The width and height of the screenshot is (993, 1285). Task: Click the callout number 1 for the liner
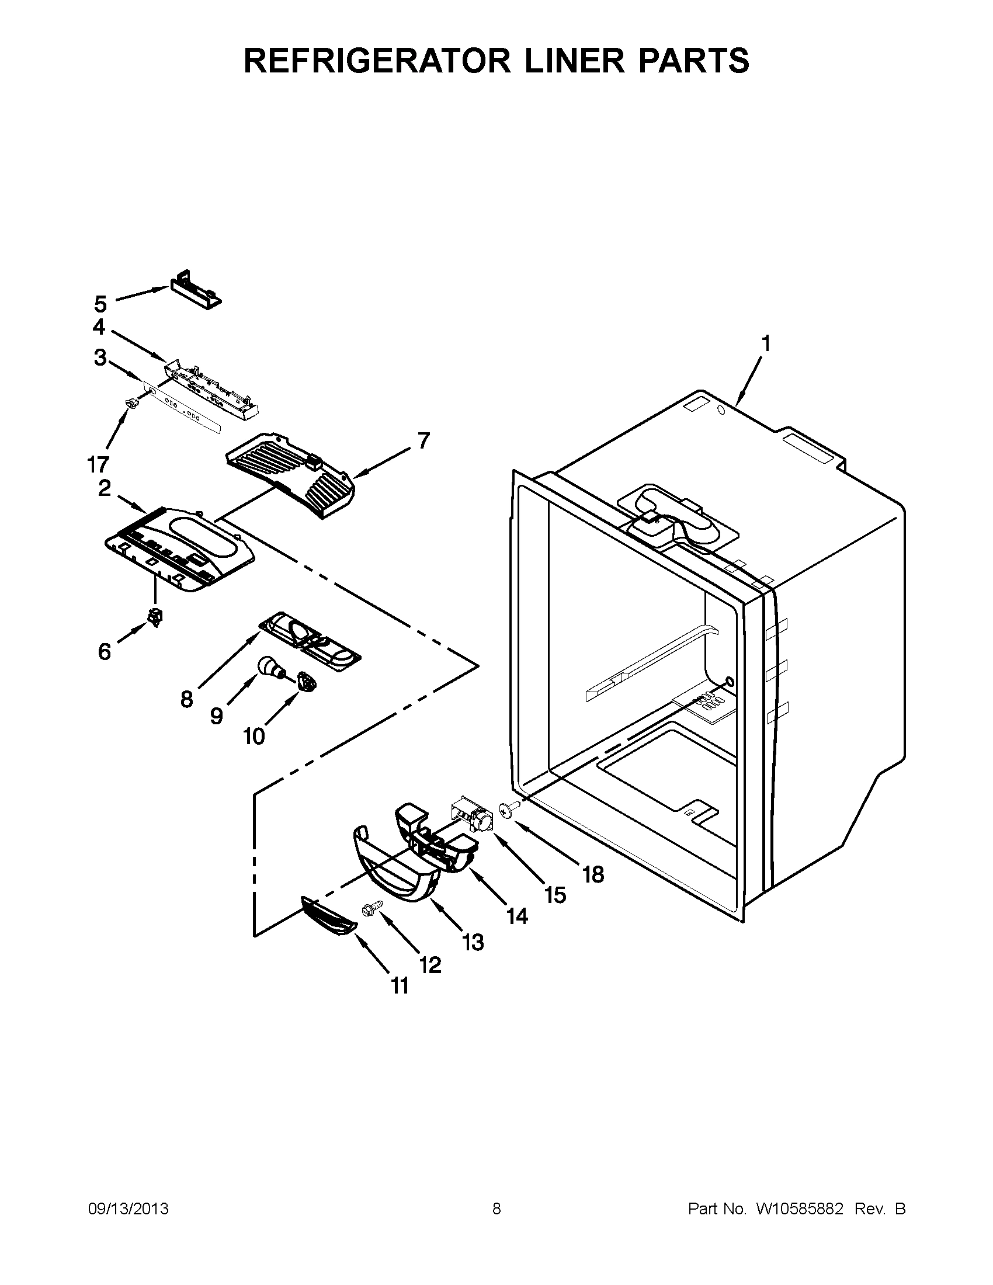(765, 342)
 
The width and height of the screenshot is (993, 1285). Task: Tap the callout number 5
(100, 304)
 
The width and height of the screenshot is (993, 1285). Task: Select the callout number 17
(98, 464)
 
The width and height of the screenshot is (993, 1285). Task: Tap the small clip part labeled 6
(155, 617)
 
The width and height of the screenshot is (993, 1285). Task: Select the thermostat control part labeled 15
(473, 814)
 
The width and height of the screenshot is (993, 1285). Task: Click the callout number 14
(517, 915)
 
